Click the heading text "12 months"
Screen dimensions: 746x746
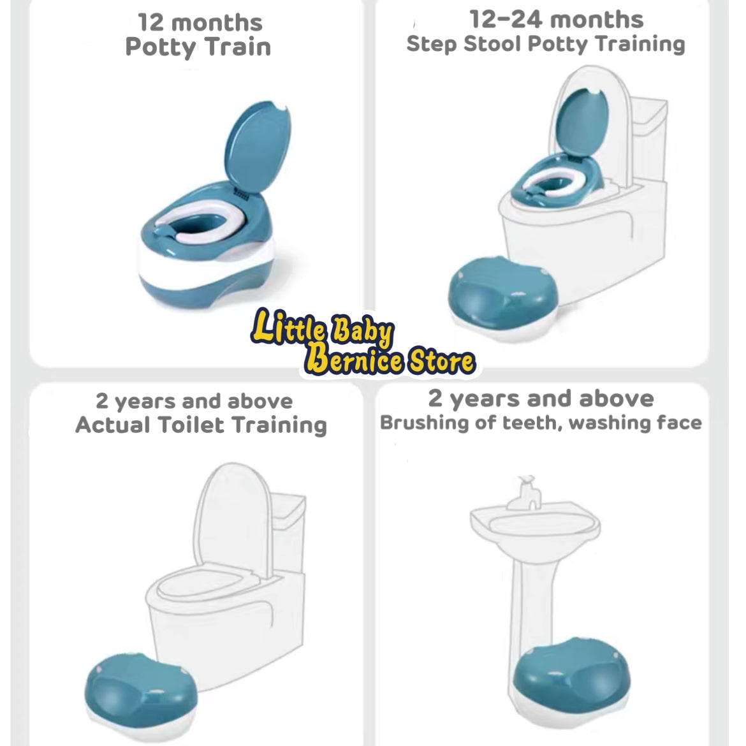coord(200,22)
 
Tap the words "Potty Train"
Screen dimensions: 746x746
coord(198,47)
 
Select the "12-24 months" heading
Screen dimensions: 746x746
coord(556,20)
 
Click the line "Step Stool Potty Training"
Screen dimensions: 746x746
coord(546,44)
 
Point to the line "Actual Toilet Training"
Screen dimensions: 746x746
coord(201,425)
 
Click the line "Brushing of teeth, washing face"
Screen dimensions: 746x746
coord(541,423)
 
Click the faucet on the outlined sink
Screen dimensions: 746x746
coord(524,494)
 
